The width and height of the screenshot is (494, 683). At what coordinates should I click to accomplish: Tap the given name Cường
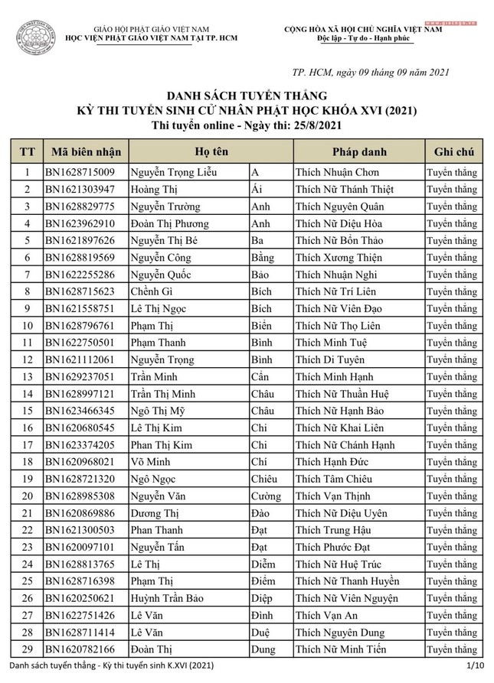tap(267, 496)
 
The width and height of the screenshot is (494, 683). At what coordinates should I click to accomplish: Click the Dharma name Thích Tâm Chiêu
tap(334, 479)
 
